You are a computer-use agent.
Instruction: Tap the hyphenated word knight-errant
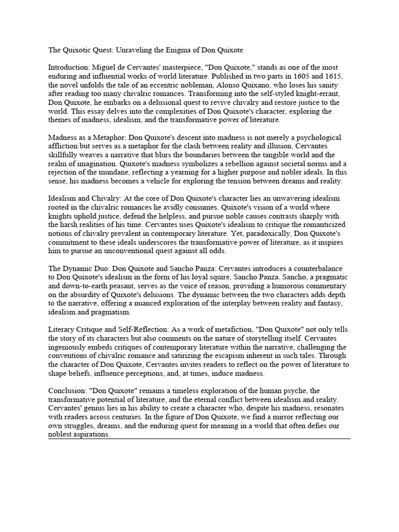click(x=322, y=94)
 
